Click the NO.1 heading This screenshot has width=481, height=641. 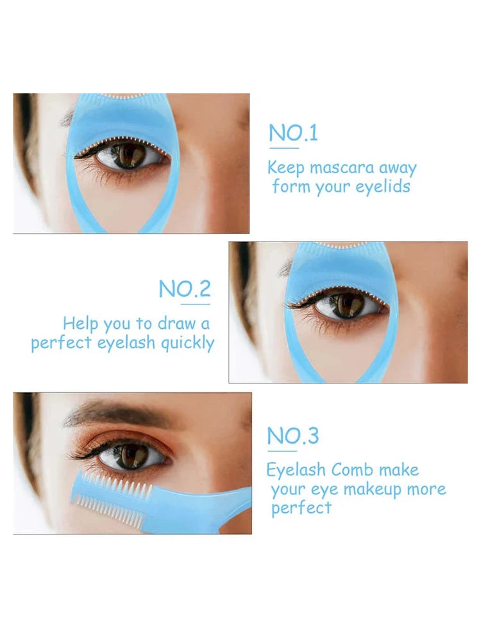pos(293,133)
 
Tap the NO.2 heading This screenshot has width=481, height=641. pos(185,289)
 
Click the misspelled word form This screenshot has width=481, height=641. pos(291,187)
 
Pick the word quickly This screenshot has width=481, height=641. pos(187,343)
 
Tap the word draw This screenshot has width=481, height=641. pos(176,323)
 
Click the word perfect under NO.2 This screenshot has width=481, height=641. pos(62,343)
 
